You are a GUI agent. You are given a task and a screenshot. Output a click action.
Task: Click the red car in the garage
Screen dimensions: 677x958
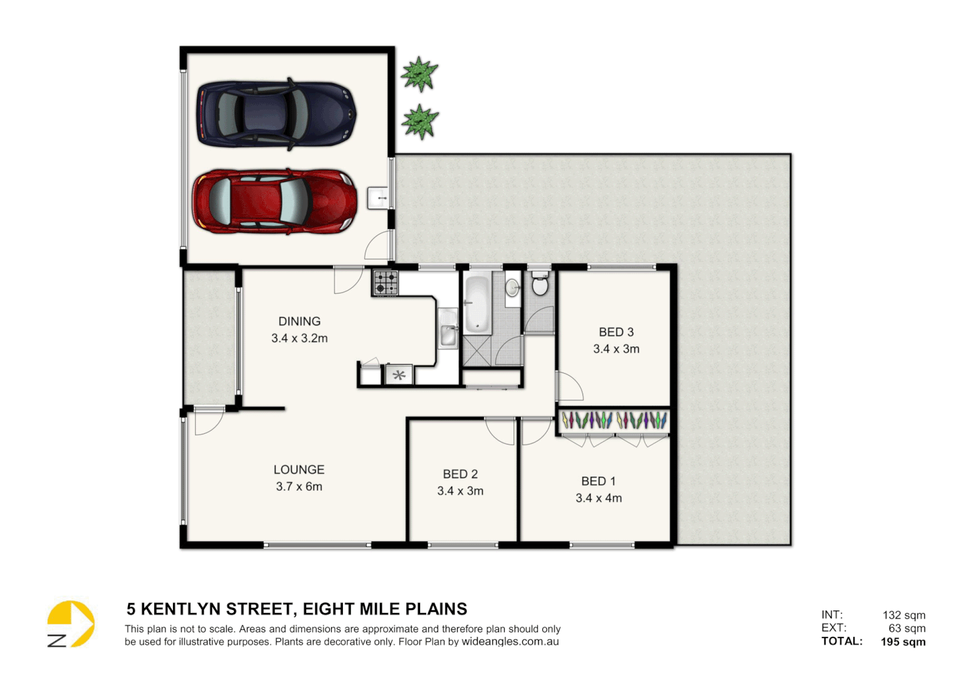pyautogui.click(x=275, y=202)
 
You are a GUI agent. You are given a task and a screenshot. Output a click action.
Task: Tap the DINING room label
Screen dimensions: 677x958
pyautogui.click(x=299, y=322)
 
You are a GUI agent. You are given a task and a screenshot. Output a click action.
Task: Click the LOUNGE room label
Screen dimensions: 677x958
pyautogui.click(x=298, y=470)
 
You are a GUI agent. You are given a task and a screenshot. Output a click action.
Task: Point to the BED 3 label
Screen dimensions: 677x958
pyautogui.click(x=616, y=332)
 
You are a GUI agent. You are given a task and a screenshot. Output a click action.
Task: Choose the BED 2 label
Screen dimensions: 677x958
pyautogui.click(x=460, y=475)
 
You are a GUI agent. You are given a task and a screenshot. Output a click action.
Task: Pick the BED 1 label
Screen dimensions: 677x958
pyautogui.click(x=598, y=481)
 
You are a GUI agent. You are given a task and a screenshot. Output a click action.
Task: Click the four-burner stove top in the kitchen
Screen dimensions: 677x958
pyautogui.click(x=386, y=283)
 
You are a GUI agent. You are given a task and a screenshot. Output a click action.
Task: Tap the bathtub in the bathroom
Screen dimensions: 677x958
pyautogui.click(x=476, y=303)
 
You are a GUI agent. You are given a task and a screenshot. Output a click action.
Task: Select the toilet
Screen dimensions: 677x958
pyautogui.click(x=539, y=283)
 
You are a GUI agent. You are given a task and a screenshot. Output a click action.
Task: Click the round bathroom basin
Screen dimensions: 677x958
pyautogui.click(x=513, y=288)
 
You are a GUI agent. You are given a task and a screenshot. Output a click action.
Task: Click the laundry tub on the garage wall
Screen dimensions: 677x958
pyautogui.click(x=379, y=197)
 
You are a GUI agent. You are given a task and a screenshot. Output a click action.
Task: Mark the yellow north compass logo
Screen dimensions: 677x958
pyautogui.click(x=71, y=624)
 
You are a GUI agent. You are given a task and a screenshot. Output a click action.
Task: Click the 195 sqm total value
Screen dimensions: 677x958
pyautogui.click(x=903, y=642)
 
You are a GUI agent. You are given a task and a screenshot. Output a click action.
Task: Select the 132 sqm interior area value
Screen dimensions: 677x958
pyautogui.click(x=903, y=615)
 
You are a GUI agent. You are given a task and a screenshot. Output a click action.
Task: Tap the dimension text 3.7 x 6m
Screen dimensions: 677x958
pyautogui.click(x=298, y=487)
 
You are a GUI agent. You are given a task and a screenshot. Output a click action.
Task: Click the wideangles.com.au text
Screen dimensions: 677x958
pyautogui.click(x=510, y=642)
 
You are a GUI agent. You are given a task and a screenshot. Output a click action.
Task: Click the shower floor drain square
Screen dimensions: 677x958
pyautogui.click(x=478, y=352)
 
